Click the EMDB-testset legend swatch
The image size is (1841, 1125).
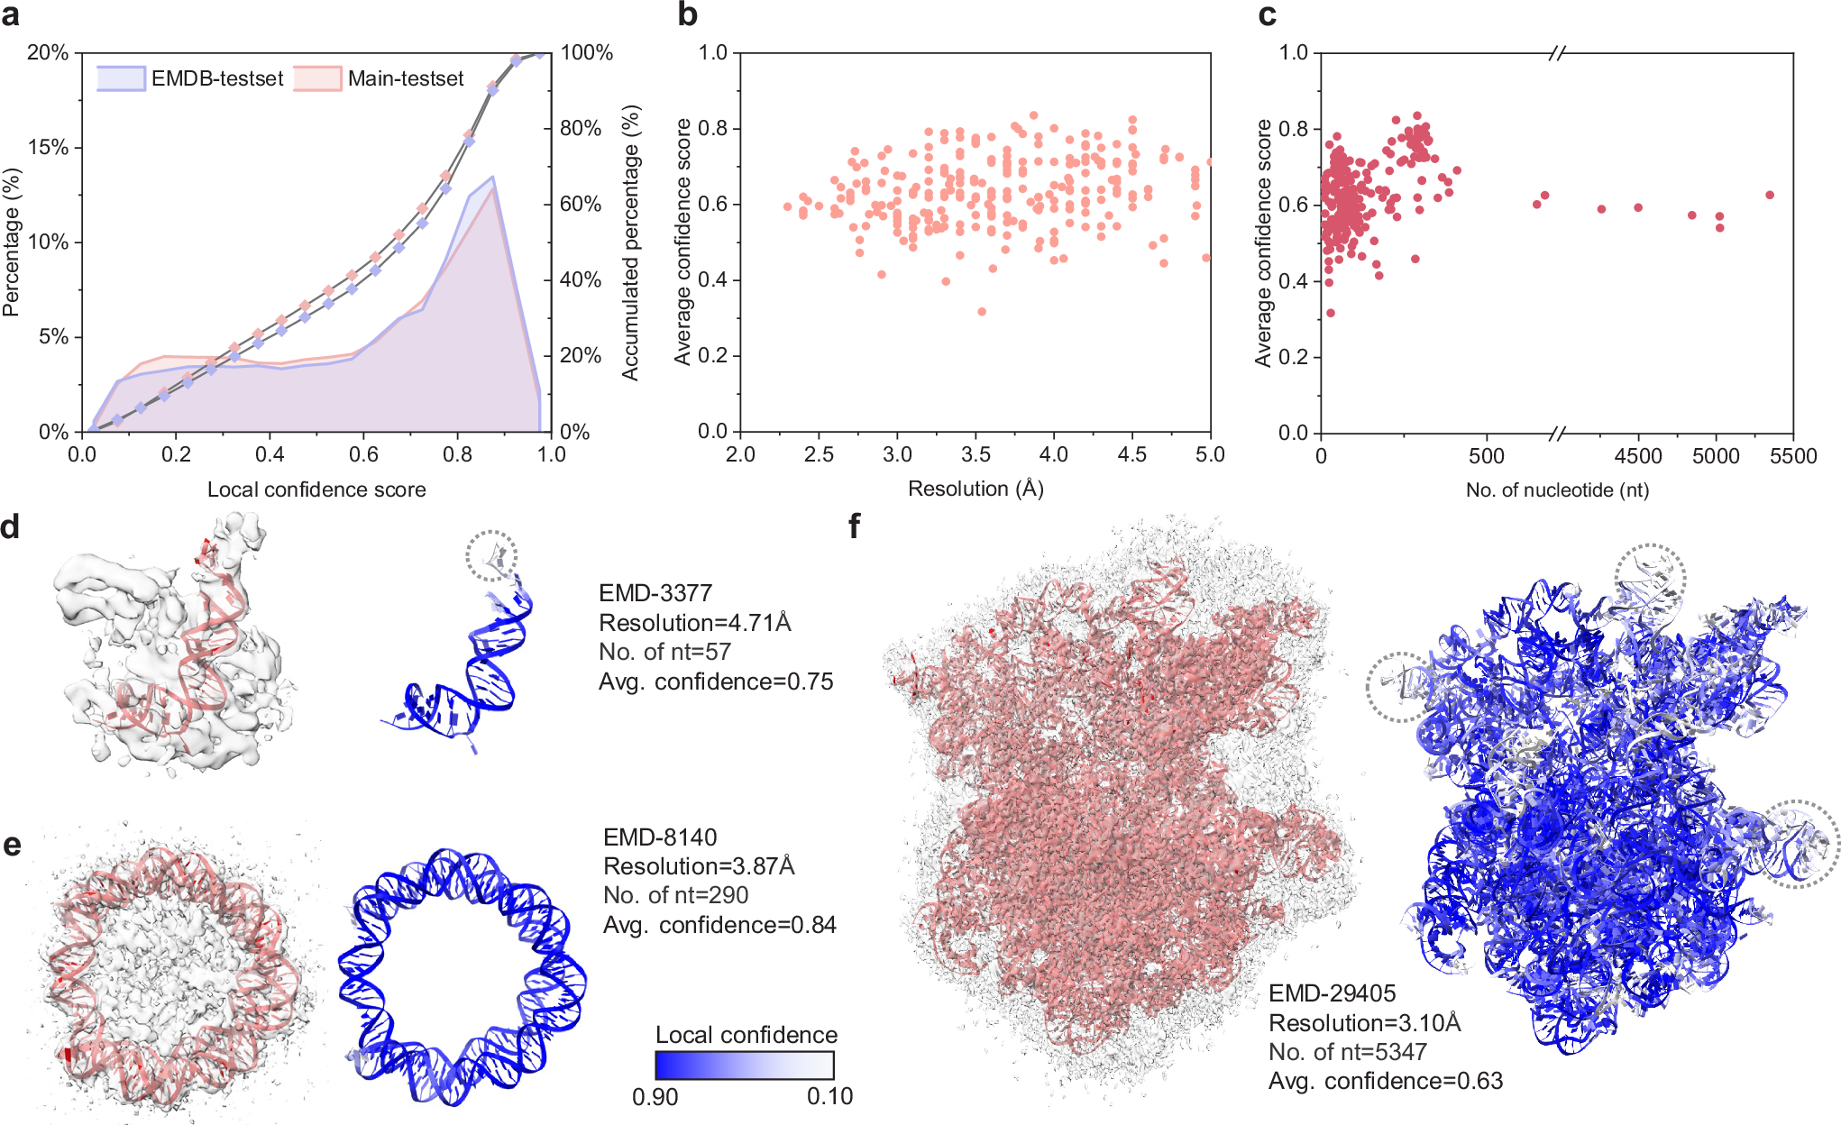point(121,78)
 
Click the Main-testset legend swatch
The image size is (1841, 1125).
point(317,78)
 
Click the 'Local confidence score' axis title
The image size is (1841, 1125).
point(316,489)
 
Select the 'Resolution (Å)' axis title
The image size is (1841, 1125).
point(975,489)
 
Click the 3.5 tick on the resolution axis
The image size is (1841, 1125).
point(975,454)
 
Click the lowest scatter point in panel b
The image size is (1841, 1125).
point(982,312)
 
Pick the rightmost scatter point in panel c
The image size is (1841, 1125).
point(1770,195)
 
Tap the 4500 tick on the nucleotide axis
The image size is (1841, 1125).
point(1637,455)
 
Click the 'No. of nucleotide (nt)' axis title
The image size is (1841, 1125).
point(1557,489)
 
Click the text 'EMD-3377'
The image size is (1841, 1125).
point(655,593)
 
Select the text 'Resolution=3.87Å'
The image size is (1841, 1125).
point(699,866)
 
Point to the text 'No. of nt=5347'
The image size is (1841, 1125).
point(1347,1052)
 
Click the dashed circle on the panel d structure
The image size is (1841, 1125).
point(492,555)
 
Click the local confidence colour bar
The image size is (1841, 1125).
point(745,1066)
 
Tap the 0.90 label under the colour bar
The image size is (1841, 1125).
point(655,1097)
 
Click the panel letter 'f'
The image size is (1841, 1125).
point(854,526)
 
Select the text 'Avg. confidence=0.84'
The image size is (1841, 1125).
point(719,925)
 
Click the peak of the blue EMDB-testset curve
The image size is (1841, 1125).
point(492,178)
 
